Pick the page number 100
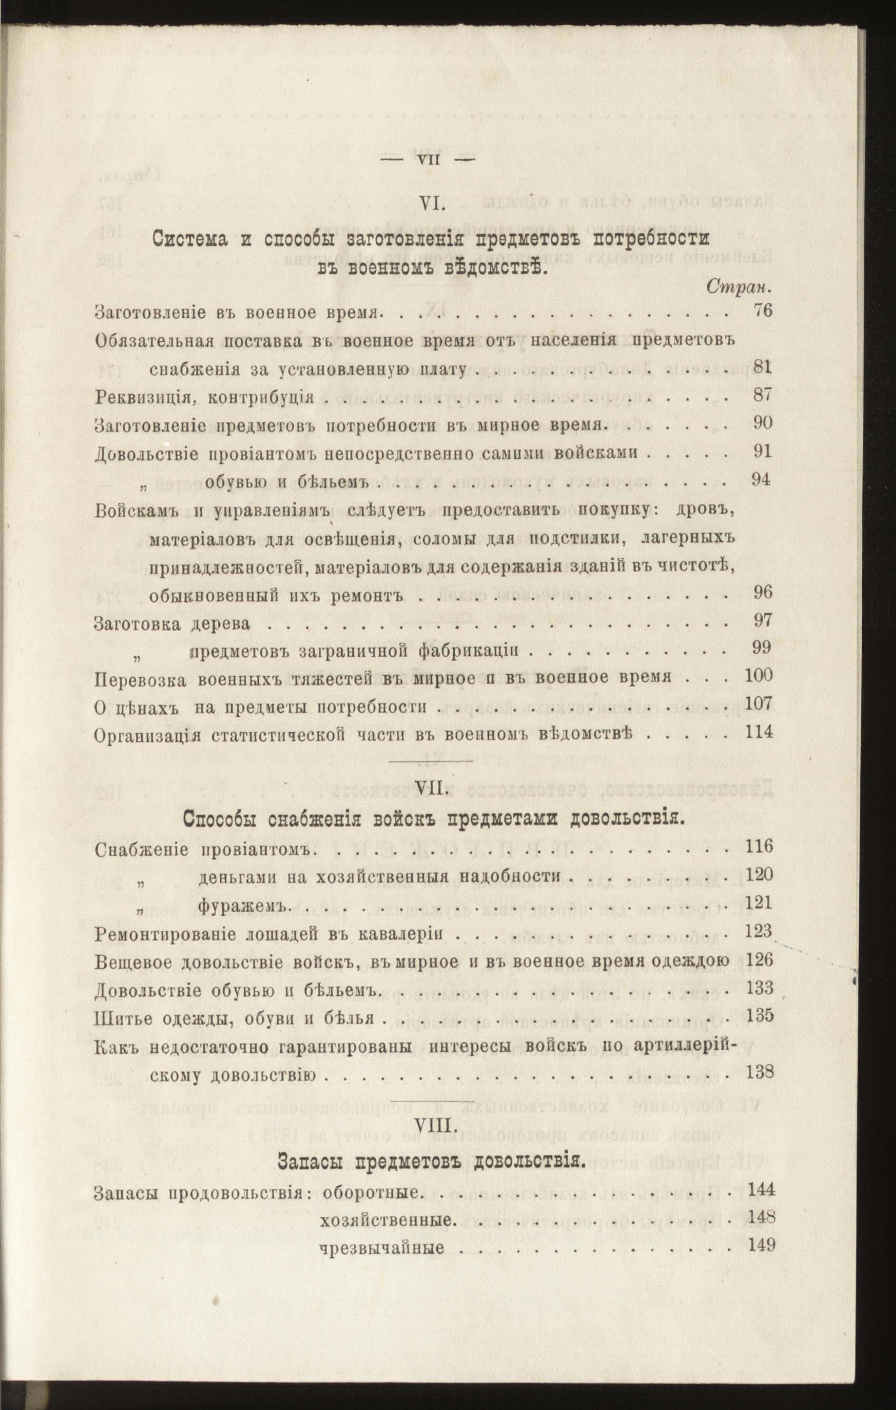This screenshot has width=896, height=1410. [759, 675]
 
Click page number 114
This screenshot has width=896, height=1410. [759, 731]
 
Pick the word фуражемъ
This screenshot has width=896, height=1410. [244, 905]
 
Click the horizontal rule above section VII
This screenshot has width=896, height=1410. [431, 761]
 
